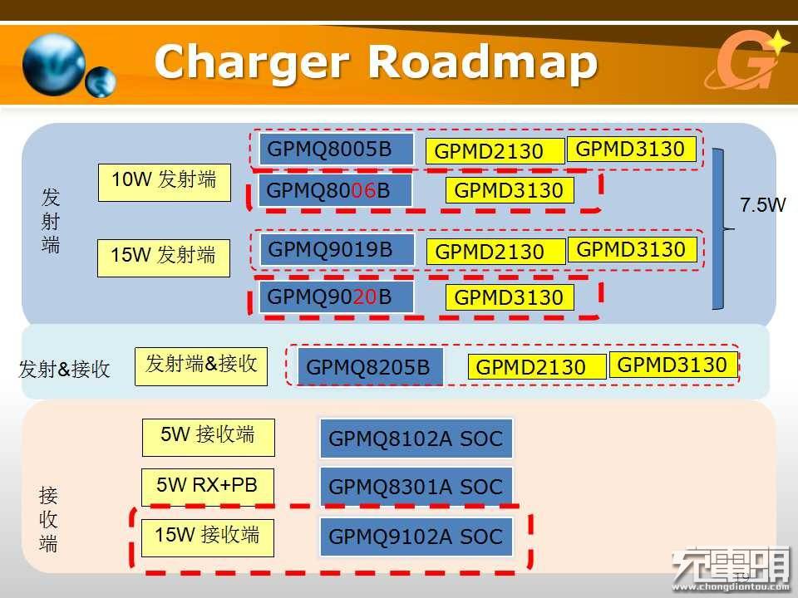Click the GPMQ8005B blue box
click(337, 149)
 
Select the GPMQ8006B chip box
click(335, 190)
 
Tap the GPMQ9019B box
click(337, 249)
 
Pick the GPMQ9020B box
click(337, 297)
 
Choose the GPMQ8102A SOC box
click(416, 439)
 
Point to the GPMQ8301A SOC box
click(416, 486)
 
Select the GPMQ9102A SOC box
click(416, 537)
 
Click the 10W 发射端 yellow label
click(165, 183)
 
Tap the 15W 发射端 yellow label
click(164, 257)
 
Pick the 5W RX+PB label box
click(208, 488)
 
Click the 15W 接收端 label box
click(208, 538)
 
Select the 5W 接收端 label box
click(209, 438)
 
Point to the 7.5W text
click(762, 205)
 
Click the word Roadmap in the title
click(482, 62)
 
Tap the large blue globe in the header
click(54, 65)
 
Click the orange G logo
click(747, 60)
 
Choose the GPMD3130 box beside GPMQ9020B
click(510, 297)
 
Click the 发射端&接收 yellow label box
click(201, 366)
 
